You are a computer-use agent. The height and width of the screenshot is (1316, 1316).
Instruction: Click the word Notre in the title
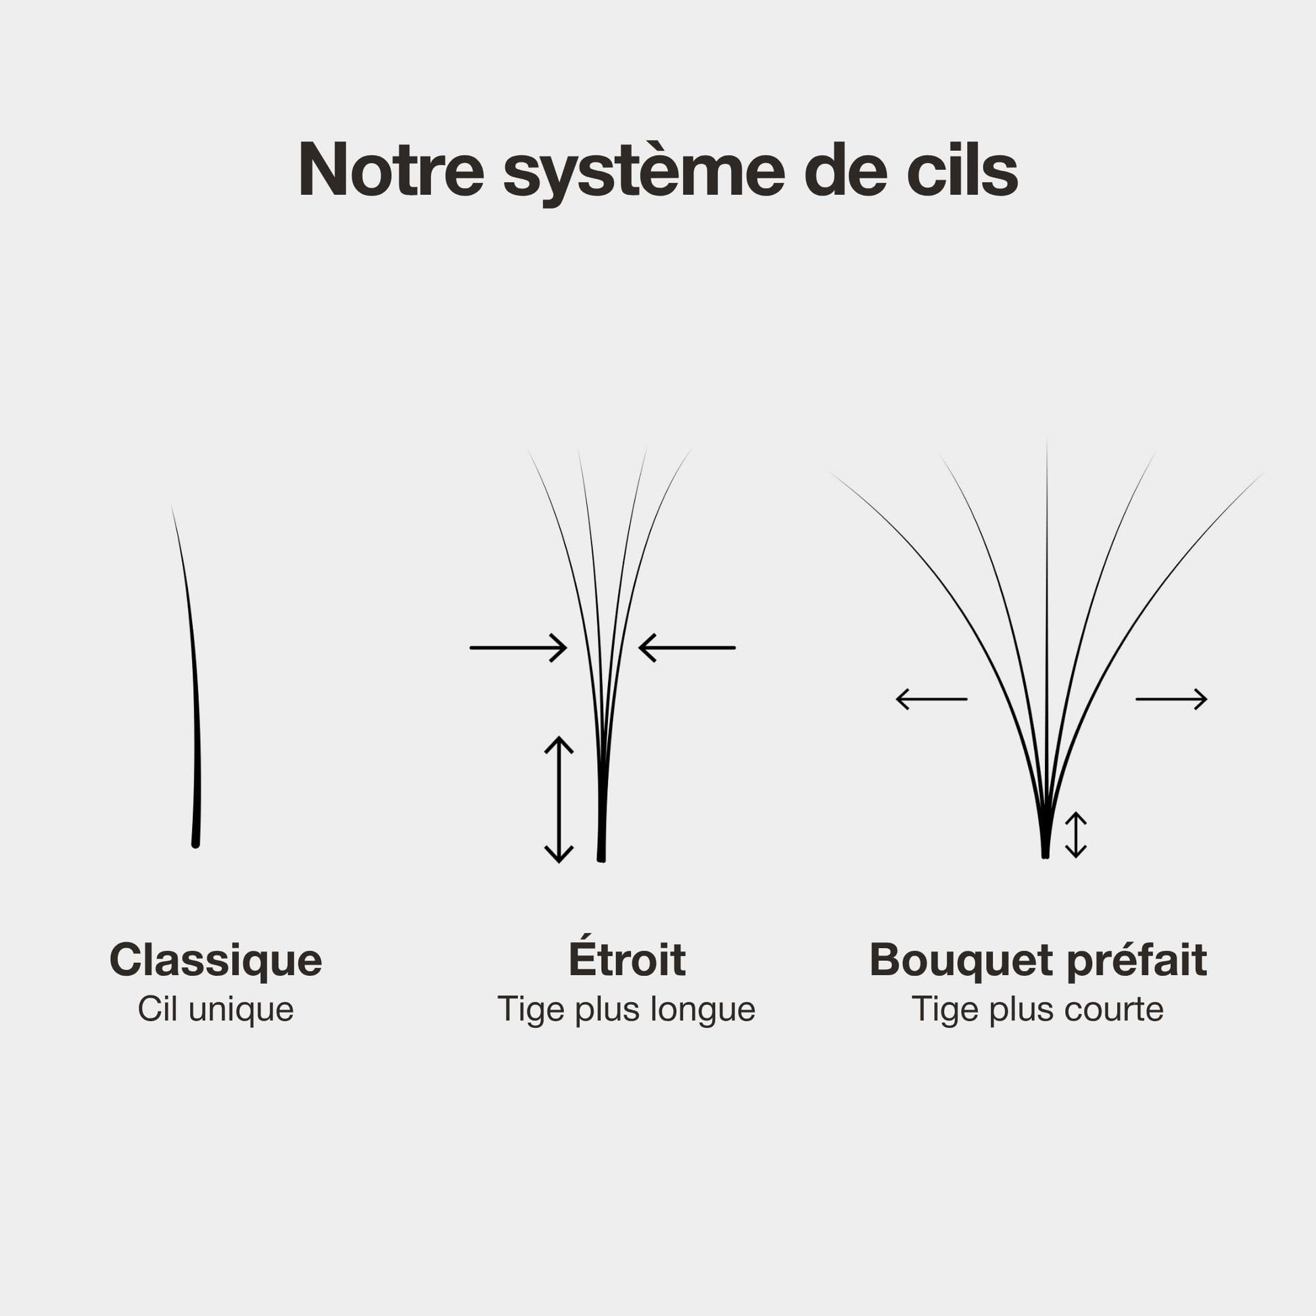click(391, 170)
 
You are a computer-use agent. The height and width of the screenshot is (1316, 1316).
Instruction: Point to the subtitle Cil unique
click(216, 1009)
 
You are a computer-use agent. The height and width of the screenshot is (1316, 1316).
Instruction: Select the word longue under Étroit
click(703, 1010)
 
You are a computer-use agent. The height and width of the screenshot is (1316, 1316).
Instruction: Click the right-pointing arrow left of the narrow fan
click(519, 648)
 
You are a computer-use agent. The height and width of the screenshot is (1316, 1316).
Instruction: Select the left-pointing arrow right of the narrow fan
click(686, 648)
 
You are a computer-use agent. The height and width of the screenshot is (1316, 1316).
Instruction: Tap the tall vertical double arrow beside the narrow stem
click(559, 800)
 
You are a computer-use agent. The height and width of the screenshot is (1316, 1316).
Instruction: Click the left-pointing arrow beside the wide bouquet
click(931, 699)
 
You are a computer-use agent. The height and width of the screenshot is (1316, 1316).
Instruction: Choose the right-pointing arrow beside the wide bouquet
click(1171, 699)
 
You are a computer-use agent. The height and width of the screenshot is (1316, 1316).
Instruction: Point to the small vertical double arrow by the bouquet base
click(1075, 835)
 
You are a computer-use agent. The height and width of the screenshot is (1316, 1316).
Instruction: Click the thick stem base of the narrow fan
click(602, 818)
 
